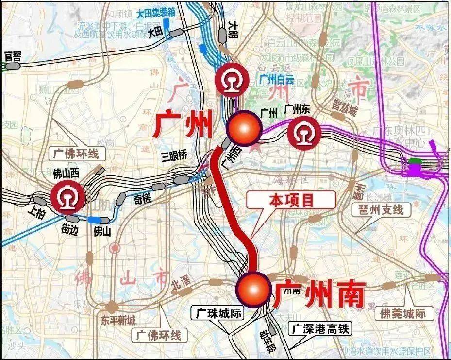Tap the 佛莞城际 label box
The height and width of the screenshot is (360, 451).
[403, 313]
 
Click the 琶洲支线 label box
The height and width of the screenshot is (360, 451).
[381, 210]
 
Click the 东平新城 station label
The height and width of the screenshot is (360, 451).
[118, 321]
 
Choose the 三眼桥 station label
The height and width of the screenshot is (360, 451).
[174, 156]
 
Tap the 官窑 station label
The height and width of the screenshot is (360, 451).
[13, 56]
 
